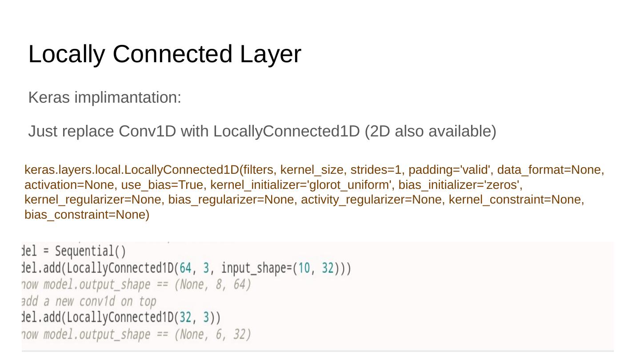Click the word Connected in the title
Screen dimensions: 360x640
click(173, 54)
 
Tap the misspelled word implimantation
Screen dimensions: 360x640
click(128, 97)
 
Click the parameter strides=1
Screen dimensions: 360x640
click(377, 170)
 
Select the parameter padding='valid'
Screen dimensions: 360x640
click(451, 170)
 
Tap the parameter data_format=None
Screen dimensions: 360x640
click(550, 170)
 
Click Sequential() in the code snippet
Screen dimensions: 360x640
click(90, 252)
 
